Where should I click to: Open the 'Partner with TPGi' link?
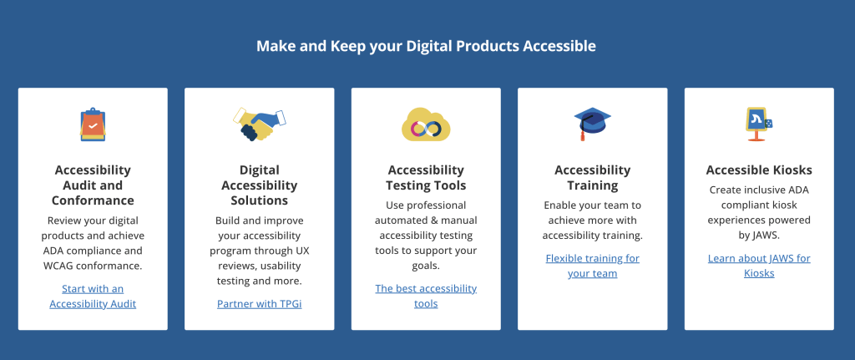point(259,303)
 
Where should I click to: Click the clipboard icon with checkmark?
point(93,124)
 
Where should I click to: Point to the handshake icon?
point(259,124)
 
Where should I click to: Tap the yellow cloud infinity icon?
point(426,124)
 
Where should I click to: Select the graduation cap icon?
point(592,124)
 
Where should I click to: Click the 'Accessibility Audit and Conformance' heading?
point(93,185)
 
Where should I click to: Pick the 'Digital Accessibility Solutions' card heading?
point(259,185)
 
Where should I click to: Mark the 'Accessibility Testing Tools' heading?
point(426,178)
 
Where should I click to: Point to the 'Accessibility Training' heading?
point(592,178)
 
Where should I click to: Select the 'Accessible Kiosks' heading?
point(759,170)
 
